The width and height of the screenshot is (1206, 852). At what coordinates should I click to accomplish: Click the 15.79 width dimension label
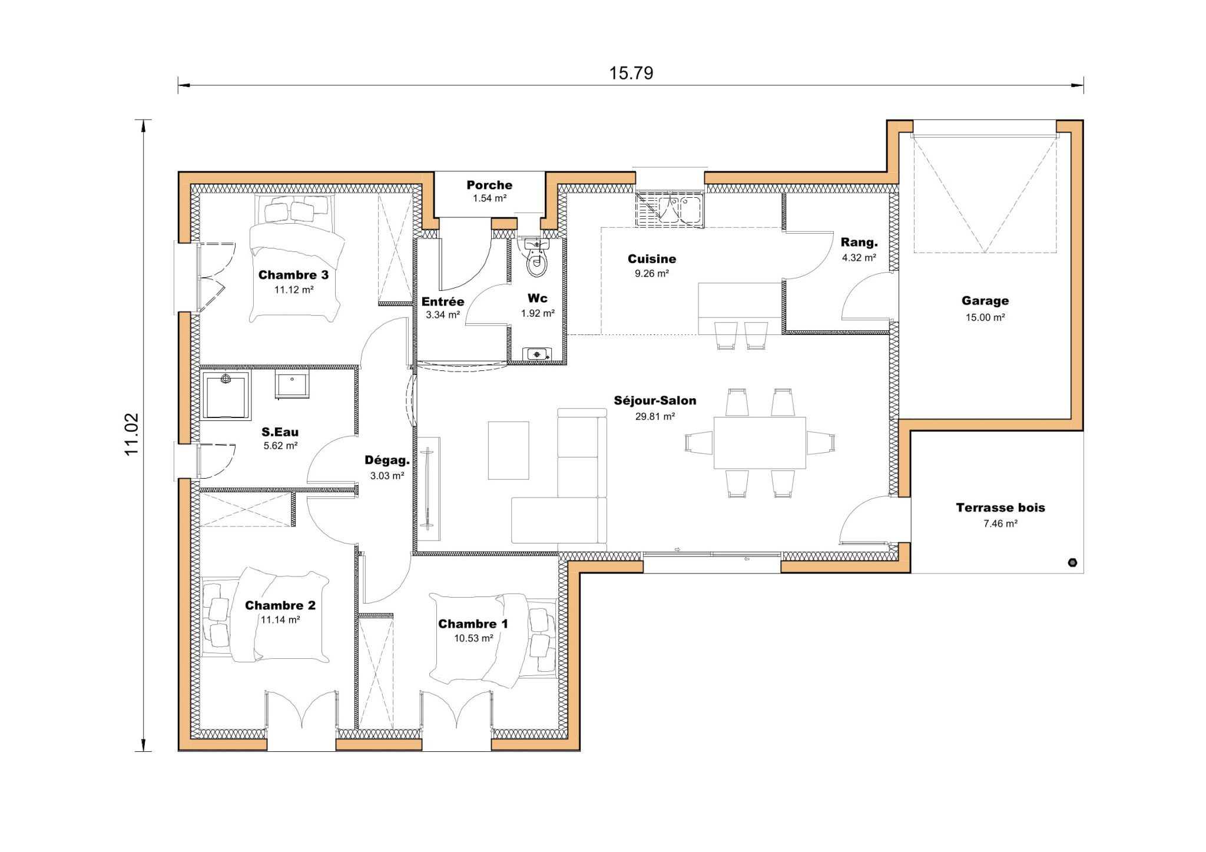click(x=631, y=73)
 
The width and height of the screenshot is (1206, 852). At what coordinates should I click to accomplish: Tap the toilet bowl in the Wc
click(x=536, y=264)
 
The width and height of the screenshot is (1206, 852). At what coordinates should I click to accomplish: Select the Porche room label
click(x=489, y=185)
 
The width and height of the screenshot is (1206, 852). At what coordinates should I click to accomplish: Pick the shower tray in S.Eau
click(x=225, y=395)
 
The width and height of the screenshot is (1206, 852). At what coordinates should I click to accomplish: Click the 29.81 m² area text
click(x=655, y=416)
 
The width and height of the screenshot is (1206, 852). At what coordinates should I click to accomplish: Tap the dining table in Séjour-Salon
click(x=760, y=443)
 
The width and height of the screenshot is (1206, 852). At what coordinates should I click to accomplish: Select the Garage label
click(x=985, y=301)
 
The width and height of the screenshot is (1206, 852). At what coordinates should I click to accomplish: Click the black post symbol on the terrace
click(x=1072, y=562)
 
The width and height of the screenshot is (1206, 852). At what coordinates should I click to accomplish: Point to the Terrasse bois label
click(x=1000, y=508)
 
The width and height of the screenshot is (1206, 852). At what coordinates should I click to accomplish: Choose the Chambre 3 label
click(x=293, y=275)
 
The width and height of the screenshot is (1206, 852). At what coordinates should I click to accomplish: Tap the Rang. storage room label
click(x=859, y=243)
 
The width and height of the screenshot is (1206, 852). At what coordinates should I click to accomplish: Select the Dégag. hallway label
click(x=387, y=460)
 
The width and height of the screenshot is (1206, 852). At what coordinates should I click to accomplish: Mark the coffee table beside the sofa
click(x=508, y=450)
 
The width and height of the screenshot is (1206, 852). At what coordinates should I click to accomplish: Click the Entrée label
click(x=443, y=302)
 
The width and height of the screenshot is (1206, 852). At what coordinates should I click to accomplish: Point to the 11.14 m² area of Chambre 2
click(x=280, y=619)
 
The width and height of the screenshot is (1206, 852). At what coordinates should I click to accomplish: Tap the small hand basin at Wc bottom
click(x=536, y=354)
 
